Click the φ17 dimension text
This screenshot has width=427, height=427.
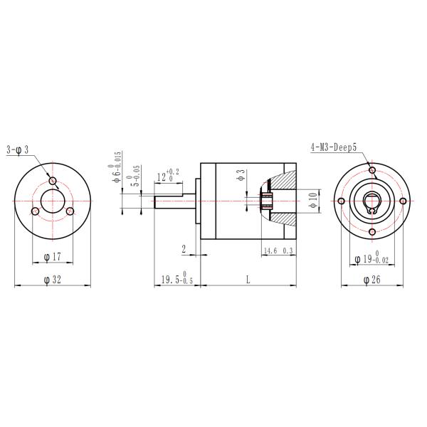51,255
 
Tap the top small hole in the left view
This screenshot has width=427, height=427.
52,178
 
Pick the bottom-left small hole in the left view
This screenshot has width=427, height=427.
35,211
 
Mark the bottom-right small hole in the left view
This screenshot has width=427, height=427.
70,211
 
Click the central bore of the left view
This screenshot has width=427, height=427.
52,201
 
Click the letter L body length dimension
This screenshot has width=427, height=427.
248,280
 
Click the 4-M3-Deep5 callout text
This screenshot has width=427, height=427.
333,147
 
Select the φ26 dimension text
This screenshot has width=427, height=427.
371,280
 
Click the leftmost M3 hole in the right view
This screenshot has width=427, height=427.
342,201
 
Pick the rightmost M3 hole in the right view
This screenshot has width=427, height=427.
403,201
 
